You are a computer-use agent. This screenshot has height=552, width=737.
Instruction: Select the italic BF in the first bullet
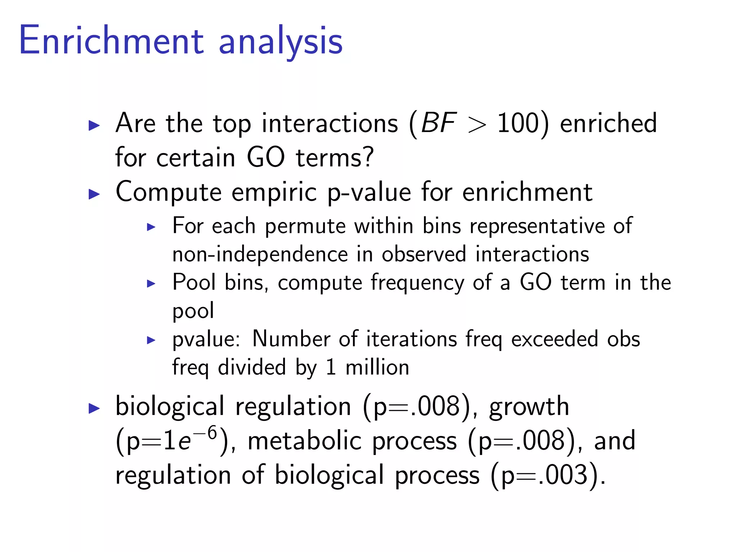[x=439, y=123]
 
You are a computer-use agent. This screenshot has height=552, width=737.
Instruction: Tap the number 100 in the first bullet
[x=518, y=123]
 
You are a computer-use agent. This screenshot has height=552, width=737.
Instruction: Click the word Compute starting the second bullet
[x=168, y=193]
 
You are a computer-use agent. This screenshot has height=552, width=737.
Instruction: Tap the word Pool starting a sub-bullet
[x=194, y=282]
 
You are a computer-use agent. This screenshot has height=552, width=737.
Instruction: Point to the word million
[x=377, y=367]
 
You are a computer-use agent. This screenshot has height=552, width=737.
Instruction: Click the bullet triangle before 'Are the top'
[x=94, y=125]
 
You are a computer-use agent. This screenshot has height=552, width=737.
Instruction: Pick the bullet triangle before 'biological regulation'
[x=94, y=409]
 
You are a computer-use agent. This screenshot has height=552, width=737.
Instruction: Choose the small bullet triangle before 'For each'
[x=151, y=227]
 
